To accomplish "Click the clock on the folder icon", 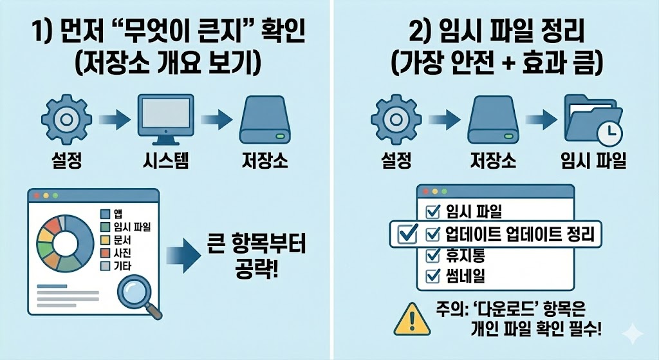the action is (x=608, y=133).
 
